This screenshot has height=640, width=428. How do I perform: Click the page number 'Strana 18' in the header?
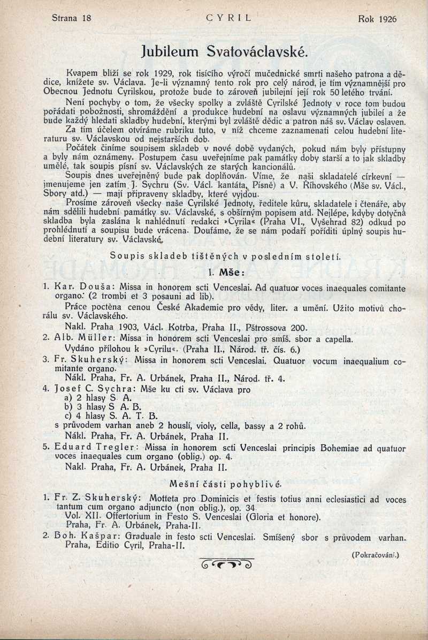(72, 18)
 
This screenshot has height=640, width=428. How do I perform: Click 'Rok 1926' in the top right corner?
(377, 19)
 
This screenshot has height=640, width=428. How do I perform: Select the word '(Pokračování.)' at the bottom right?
(376, 555)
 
